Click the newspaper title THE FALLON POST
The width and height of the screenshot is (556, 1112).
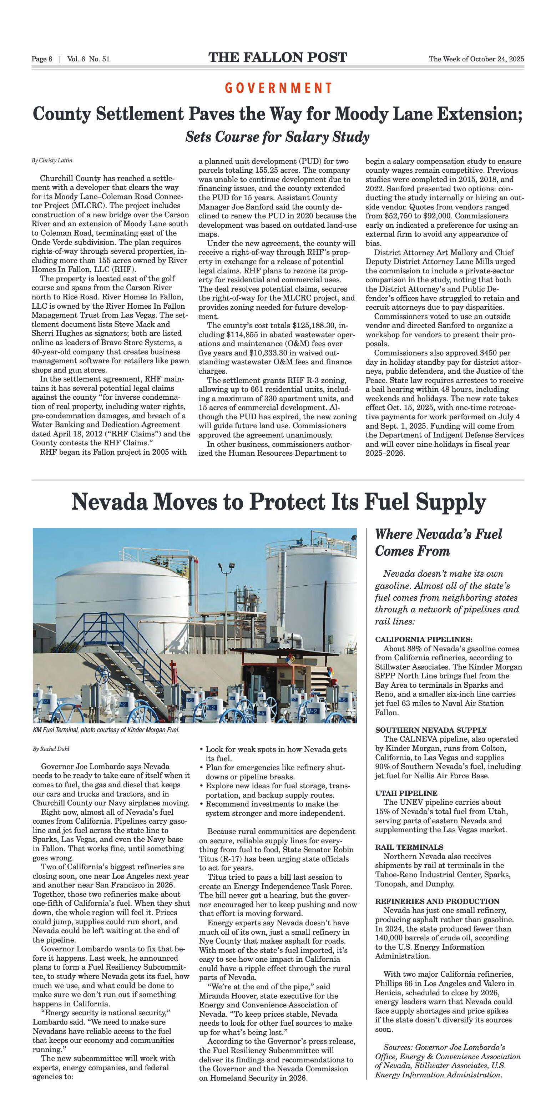pos(278,58)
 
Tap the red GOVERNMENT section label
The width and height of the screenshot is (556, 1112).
pos(278,88)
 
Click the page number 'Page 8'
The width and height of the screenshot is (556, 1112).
pos(42,59)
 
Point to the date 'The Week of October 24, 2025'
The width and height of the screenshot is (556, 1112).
pos(476,59)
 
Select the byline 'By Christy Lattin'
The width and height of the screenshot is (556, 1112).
pos(52,161)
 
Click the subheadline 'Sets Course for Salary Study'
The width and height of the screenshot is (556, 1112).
pos(278,137)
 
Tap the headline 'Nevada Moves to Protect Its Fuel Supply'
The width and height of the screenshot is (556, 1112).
pos(278,502)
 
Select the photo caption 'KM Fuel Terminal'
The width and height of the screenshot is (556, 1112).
pos(106,730)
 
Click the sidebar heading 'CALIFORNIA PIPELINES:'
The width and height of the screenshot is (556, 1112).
pos(424,639)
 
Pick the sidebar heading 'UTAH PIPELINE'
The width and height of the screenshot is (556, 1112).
pos(406,793)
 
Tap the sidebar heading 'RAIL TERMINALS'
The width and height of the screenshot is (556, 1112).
pos(409,847)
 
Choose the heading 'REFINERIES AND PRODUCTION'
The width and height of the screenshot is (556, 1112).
pos(437,901)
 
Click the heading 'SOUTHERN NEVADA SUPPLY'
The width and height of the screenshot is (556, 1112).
pos(431,730)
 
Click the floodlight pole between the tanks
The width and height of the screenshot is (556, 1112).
pos(226,604)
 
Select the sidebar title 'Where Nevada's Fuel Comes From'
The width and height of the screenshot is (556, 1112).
pos(438,542)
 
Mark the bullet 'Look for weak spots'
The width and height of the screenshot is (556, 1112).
pos(276,749)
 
